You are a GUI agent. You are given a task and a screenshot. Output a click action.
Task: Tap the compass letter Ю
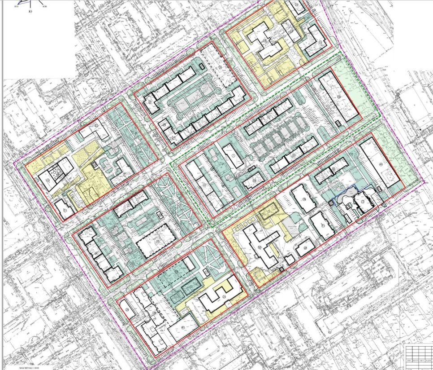coord(30,11)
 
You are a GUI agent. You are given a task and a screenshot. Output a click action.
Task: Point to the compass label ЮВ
coord(44,7)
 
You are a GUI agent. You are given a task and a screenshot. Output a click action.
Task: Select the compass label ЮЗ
coord(17,7)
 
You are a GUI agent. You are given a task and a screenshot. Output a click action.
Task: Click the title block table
coord(417,355)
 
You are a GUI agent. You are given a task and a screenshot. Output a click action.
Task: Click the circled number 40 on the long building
coord(380,165)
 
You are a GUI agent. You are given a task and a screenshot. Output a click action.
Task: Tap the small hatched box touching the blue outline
coord(331,202)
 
